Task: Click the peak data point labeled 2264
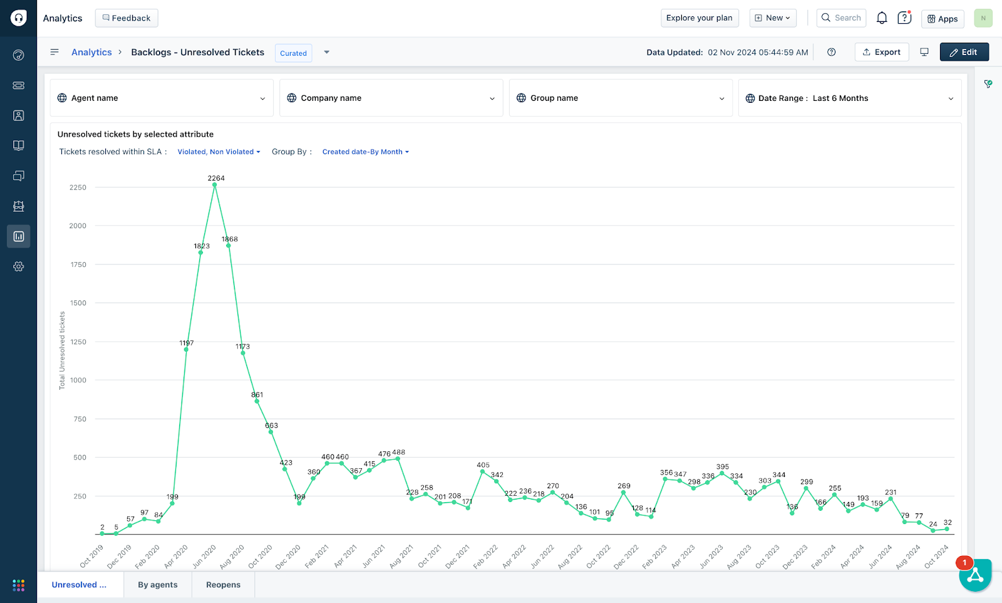coord(215,185)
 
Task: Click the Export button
coord(881,52)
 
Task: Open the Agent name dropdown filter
coord(162,98)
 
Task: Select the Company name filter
coord(391,98)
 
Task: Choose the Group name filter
coord(621,98)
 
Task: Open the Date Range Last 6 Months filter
coord(849,98)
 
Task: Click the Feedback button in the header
coord(127,18)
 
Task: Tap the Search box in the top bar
coord(841,18)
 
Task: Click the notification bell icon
coord(882,18)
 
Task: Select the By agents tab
coord(158,585)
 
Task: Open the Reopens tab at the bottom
coord(224,585)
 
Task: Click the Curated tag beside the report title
coord(293,53)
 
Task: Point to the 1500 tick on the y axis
coord(78,303)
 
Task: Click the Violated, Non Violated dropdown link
coord(219,152)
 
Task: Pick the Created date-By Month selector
coord(365,152)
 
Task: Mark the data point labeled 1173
coord(243,353)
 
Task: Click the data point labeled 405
coord(482,471)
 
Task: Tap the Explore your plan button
coord(700,18)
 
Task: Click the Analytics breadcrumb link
coord(91,52)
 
